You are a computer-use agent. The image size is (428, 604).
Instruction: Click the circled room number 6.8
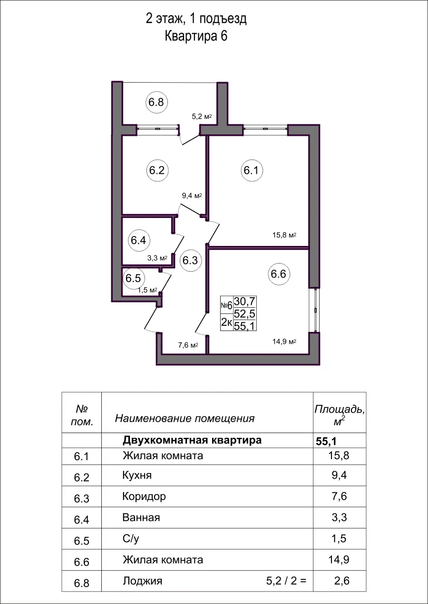[x=156, y=102]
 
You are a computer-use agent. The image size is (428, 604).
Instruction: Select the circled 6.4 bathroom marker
[x=138, y=240]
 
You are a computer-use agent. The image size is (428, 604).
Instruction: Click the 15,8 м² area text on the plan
[x=285, y=235]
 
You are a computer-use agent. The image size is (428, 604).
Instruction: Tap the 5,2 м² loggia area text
[x=201, y=116]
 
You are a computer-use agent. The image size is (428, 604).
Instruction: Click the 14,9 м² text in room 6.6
[x=285, y=341]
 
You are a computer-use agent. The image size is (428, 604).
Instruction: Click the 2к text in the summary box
[x=226, y=323]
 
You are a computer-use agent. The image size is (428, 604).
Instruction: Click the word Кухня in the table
[x=137, y=476]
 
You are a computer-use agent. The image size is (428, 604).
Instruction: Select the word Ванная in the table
[x=141, y=518]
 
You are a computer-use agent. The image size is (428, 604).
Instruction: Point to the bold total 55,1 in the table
[x=326, y=441]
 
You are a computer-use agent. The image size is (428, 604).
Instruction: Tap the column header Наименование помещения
[x=185, y=418]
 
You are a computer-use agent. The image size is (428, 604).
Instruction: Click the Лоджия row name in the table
[x=142, y=581]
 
